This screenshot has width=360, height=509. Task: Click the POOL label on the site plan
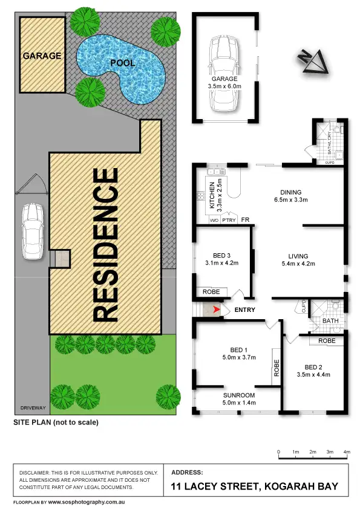click(x=122, y=62)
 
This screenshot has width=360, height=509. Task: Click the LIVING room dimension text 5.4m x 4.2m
click(x=299, y=264)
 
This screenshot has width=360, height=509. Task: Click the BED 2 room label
click(x=314, y=368)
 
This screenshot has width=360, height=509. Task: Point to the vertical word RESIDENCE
click(x=106, y=244)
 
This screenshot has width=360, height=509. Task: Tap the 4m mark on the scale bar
click(x=347, y=452)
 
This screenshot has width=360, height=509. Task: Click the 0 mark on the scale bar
click(x=278, y=452)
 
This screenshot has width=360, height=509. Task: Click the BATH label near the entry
click(x=330, y=322)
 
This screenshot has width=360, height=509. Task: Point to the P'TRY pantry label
click(x=229, y=220)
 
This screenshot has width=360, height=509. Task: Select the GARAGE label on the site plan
click(x=42, y=56)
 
